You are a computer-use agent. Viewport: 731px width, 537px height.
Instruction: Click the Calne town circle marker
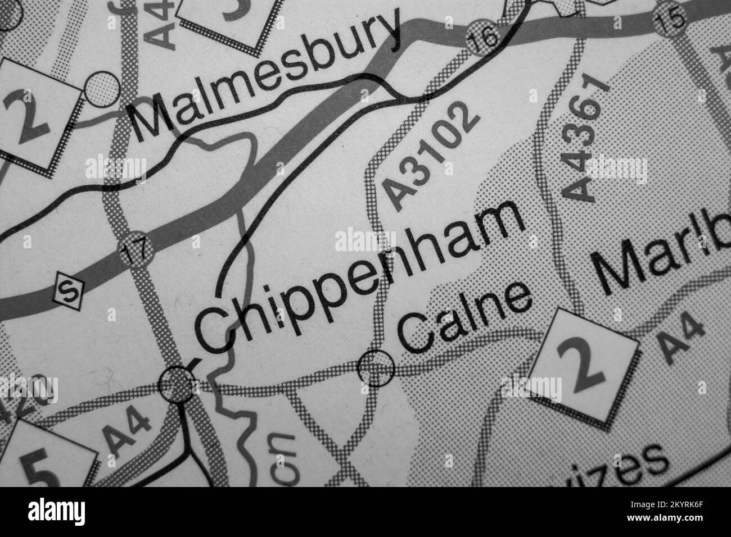[376, 368]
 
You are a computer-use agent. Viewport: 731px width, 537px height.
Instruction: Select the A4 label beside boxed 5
[128, 433]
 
